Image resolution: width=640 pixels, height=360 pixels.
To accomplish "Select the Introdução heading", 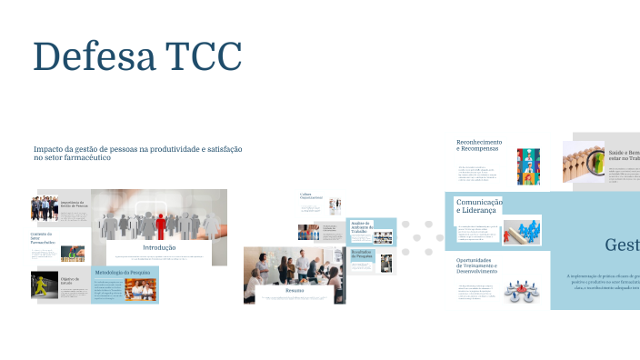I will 159,247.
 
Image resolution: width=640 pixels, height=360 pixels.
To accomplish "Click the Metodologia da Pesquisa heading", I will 122,272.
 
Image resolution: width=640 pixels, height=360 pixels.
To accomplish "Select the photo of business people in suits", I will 45,208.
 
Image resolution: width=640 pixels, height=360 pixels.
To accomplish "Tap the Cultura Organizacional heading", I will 311,195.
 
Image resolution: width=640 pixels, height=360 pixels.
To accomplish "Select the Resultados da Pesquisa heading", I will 363,255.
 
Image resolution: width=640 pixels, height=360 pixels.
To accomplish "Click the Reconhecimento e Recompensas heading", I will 479,146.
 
